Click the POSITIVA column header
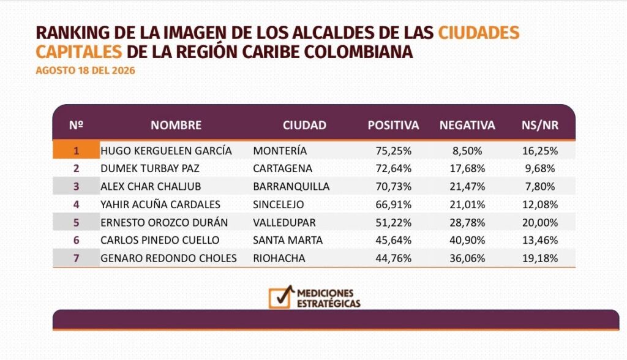point(393,125)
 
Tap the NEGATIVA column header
point(467,125)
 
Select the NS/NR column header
point(540,125)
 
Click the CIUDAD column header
point(304,125)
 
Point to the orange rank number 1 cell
point(76,151)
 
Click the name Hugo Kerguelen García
point(166,151)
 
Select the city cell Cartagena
point(282,168)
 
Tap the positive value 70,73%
point(394,186)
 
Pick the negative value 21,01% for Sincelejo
point(467,204)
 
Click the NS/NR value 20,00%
point(540,222)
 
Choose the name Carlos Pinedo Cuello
point(160,240)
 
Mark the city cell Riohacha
point(279,258)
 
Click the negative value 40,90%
point(467,240)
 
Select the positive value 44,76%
point(394,258)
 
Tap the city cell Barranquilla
point(291,186)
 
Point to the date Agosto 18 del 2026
point(86,70)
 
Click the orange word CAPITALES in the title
point(79,51)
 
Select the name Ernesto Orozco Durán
point(164,222)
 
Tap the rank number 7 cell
point(76,258)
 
